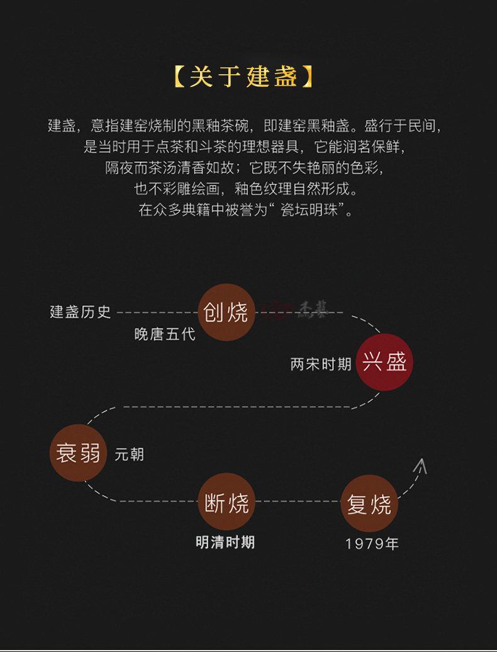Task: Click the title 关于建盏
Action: (243, 77)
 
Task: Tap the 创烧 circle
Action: (227, 312)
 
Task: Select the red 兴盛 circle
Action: (384, 362)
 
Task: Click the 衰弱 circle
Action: (78, 452)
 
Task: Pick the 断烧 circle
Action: (227, 502)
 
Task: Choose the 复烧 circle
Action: (369, 503)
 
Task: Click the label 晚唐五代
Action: (165, 334)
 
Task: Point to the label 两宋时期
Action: (321, 364)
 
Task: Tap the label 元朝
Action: (129, 454)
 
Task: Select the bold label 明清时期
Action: (225, 542)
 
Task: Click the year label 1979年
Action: (372, 543)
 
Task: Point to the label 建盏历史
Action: (80, 312)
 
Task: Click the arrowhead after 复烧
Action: (420, 466)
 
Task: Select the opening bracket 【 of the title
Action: (179, 77)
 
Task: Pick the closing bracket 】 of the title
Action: (306, 77)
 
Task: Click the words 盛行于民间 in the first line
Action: (403, 125)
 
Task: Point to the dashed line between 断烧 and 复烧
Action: (298, 502)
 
